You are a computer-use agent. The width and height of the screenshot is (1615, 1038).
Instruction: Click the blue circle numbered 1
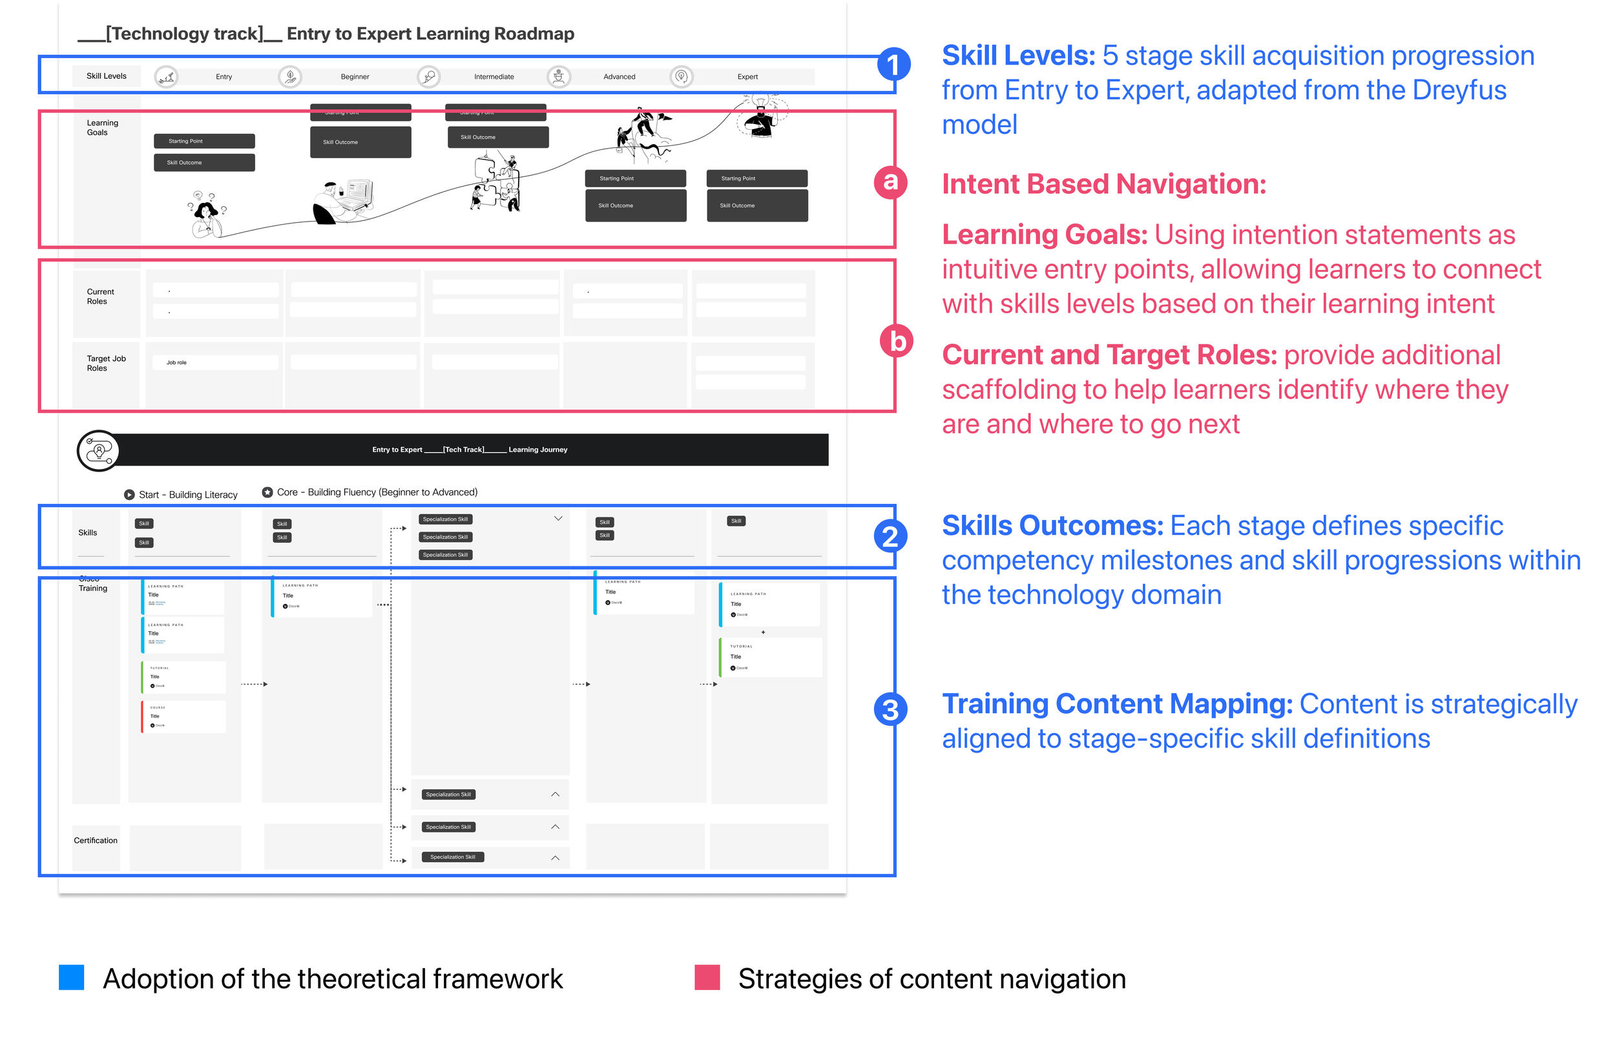(893, 65)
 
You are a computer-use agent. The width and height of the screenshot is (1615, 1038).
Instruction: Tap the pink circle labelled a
(890, 182)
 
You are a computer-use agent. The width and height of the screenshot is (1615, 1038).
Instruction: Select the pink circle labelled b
(897, 341)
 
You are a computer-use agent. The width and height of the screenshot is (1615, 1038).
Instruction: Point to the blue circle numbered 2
(890, 537)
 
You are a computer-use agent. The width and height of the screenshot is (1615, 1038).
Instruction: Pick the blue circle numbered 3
(890, 709)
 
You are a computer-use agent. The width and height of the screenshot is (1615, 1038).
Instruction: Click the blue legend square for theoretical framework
(72, 977)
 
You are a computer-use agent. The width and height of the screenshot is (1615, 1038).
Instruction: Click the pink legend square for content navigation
(707, 977)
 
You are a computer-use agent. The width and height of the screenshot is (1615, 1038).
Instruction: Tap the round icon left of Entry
(166, 77)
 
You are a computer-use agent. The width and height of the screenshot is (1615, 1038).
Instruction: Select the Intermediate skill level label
(494, 77)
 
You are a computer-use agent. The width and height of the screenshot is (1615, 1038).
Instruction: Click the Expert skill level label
(747, 77)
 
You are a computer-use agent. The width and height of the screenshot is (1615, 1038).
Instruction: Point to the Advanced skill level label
(619, 77)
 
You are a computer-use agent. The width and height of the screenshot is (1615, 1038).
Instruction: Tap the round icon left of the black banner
(98, 450)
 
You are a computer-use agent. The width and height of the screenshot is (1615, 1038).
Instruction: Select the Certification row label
(95, 840)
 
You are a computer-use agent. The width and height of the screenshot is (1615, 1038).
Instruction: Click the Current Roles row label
(99, 296)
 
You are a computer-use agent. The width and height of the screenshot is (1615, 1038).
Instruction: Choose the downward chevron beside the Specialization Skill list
(558, 518)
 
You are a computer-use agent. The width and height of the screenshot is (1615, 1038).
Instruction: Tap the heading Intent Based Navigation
(1103, 184)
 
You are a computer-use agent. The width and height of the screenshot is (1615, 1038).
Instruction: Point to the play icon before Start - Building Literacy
(129, 495)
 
